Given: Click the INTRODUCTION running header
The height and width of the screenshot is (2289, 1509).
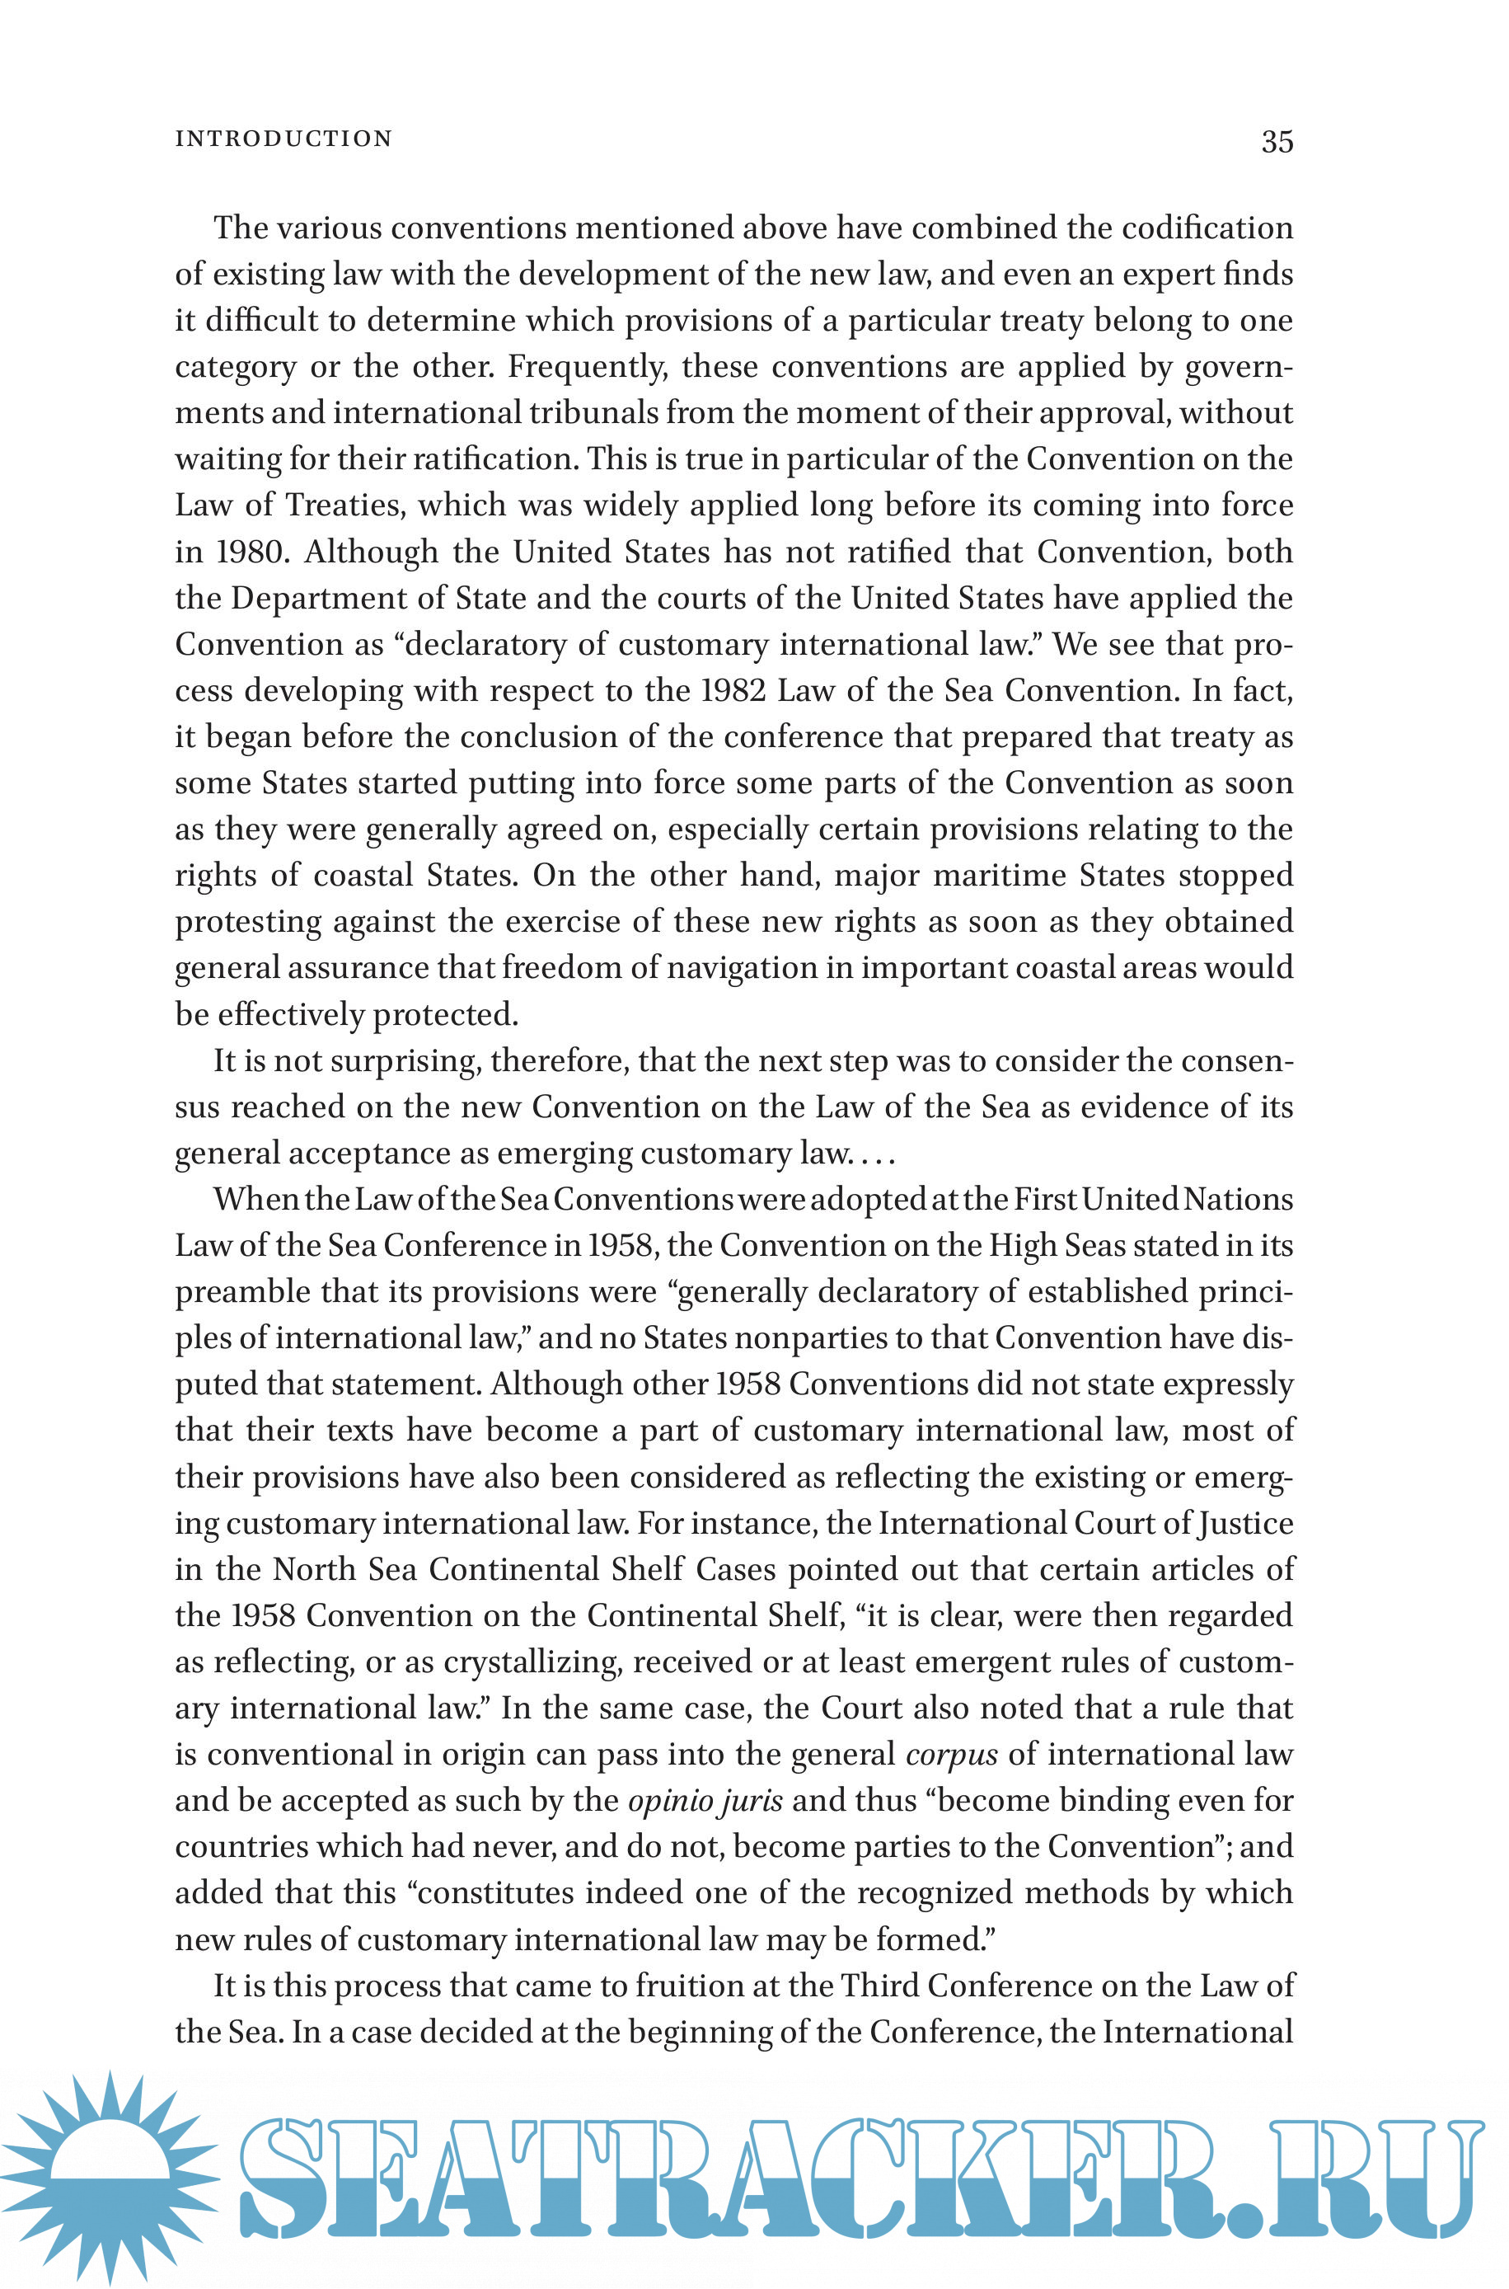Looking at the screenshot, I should pyautogui.click(x=284, y=139).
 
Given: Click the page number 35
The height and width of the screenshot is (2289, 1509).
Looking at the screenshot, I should pyautogui.click(x=1277, y=142).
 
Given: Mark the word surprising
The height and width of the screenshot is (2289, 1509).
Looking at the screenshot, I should pyautogui.click(x=403, y=1060).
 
